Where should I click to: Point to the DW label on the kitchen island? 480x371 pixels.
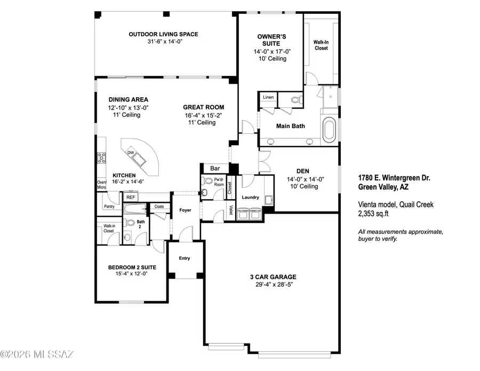pyautogui.click(x=131, y=153)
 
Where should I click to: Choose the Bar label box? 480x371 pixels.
pyautogui.click(x=215, y=168)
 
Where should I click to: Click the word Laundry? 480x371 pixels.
pyautogui.click(x=250, y=198)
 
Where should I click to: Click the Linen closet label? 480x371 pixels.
pyautogui.click(x=268, y=98)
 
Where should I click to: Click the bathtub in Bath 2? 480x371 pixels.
pyautogui.click(x=137, y=210)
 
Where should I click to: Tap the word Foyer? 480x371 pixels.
pyautogui.click(x=185, y=210)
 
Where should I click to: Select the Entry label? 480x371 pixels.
pyautogui.click(x=184, y=258)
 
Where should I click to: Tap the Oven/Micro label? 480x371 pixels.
pyautogui.click(x=102, y=185)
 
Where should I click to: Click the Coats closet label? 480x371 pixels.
pyautogui.click(x=158, y=207)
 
